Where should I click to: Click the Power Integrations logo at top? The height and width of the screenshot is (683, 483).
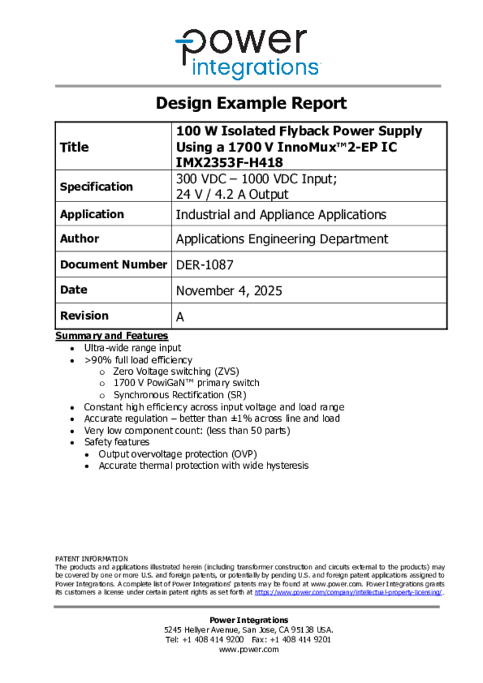click(x=248, y=53)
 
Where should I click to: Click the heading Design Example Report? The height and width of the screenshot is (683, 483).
click(x=251, y=103)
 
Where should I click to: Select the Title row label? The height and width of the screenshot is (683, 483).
click(x=74, y=147)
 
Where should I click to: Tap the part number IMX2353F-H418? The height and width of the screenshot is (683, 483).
click(x=229, y=162)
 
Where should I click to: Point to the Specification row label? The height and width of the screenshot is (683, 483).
click(x=96, y=187)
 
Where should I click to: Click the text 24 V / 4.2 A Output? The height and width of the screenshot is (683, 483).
click(x=232, y=195)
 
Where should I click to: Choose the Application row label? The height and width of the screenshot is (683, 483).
click(x=91, y=214)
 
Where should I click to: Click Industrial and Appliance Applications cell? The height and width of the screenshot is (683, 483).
click(x=280, y=215)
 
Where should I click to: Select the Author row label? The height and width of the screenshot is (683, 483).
click(x=79, y=238)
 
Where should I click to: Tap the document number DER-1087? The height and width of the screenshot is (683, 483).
click(x=204, y=265)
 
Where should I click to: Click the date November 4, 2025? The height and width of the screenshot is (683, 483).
click(x=229, y=291)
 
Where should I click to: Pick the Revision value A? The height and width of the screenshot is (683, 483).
click(x=179, y=317)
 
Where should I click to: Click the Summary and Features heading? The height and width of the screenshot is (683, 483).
click(x=111, y=335)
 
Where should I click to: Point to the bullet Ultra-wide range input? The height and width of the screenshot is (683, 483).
click(x=132, y=348)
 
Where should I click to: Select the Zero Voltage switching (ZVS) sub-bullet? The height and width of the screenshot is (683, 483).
click(x=176, y=372)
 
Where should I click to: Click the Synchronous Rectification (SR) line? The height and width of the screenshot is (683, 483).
click(x=179, y=395)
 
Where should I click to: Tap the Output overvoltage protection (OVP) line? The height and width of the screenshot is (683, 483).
click(x=177, y=454)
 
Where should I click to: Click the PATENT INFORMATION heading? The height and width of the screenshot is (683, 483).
click(x=91, y=559)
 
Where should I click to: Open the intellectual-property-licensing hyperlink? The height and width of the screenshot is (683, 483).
click(x=348, y=592)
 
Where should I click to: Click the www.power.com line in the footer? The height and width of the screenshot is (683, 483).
click(x=249, y=650)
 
